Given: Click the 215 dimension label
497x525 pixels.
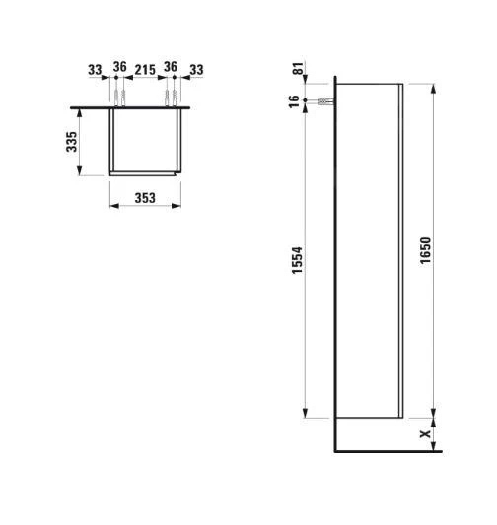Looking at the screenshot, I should [145, 69].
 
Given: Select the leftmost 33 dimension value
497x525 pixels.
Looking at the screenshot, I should [95, 69].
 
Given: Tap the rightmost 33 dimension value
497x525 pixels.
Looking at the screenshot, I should [195, 69].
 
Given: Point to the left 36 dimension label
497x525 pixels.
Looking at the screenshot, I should [119, 69].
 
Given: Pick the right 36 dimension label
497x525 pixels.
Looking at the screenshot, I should [171, 69].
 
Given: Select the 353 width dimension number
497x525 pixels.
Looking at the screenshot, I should [145, 198].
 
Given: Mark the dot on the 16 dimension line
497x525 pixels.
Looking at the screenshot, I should [307, 102].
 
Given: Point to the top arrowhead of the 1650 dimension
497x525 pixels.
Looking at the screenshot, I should [433, 87].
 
